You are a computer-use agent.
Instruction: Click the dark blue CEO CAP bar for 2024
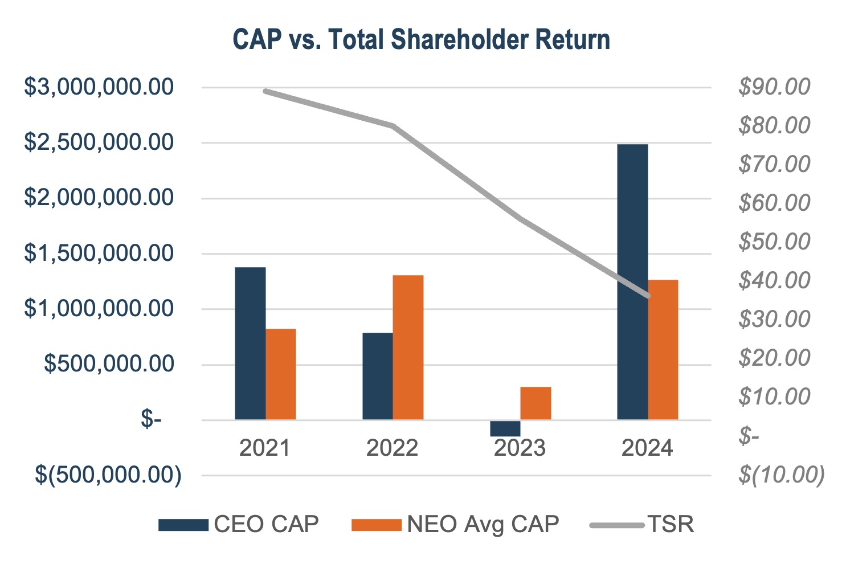coord(632,282)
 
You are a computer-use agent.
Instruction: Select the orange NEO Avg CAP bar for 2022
coord(408,348)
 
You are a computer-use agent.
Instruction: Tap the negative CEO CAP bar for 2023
coord(505,428)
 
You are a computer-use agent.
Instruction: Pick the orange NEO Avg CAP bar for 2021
coord(281,374)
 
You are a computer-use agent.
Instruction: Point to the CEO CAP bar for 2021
coord(250,344)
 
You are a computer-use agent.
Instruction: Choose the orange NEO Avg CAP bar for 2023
coord(536,403)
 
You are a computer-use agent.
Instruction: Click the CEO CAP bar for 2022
coord(378,376)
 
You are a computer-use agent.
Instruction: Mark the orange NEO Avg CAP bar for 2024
coord(663,350)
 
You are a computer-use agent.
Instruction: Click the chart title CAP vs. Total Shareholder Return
coord(422,40)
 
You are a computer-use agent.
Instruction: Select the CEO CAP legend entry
coord(239,524)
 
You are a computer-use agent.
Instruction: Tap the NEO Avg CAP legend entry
coord(456,524)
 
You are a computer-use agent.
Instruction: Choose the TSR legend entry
coord(643,524)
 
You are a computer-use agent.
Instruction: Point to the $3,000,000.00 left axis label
coord(99,87)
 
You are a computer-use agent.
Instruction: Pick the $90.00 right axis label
coord(774,87)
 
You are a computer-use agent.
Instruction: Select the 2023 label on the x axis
coord(520,448)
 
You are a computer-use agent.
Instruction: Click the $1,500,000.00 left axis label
coord(99,254)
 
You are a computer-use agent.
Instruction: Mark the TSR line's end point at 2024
coord(648,296)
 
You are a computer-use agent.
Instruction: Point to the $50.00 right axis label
coord(774,242)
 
